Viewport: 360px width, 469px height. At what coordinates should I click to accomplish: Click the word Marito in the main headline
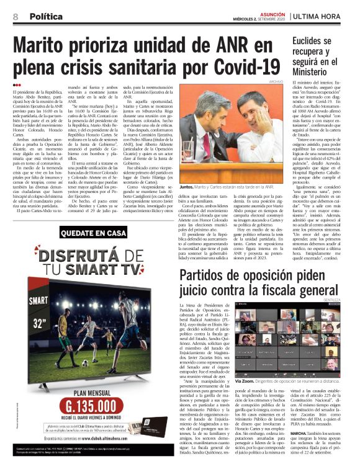[x=44, y=47]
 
